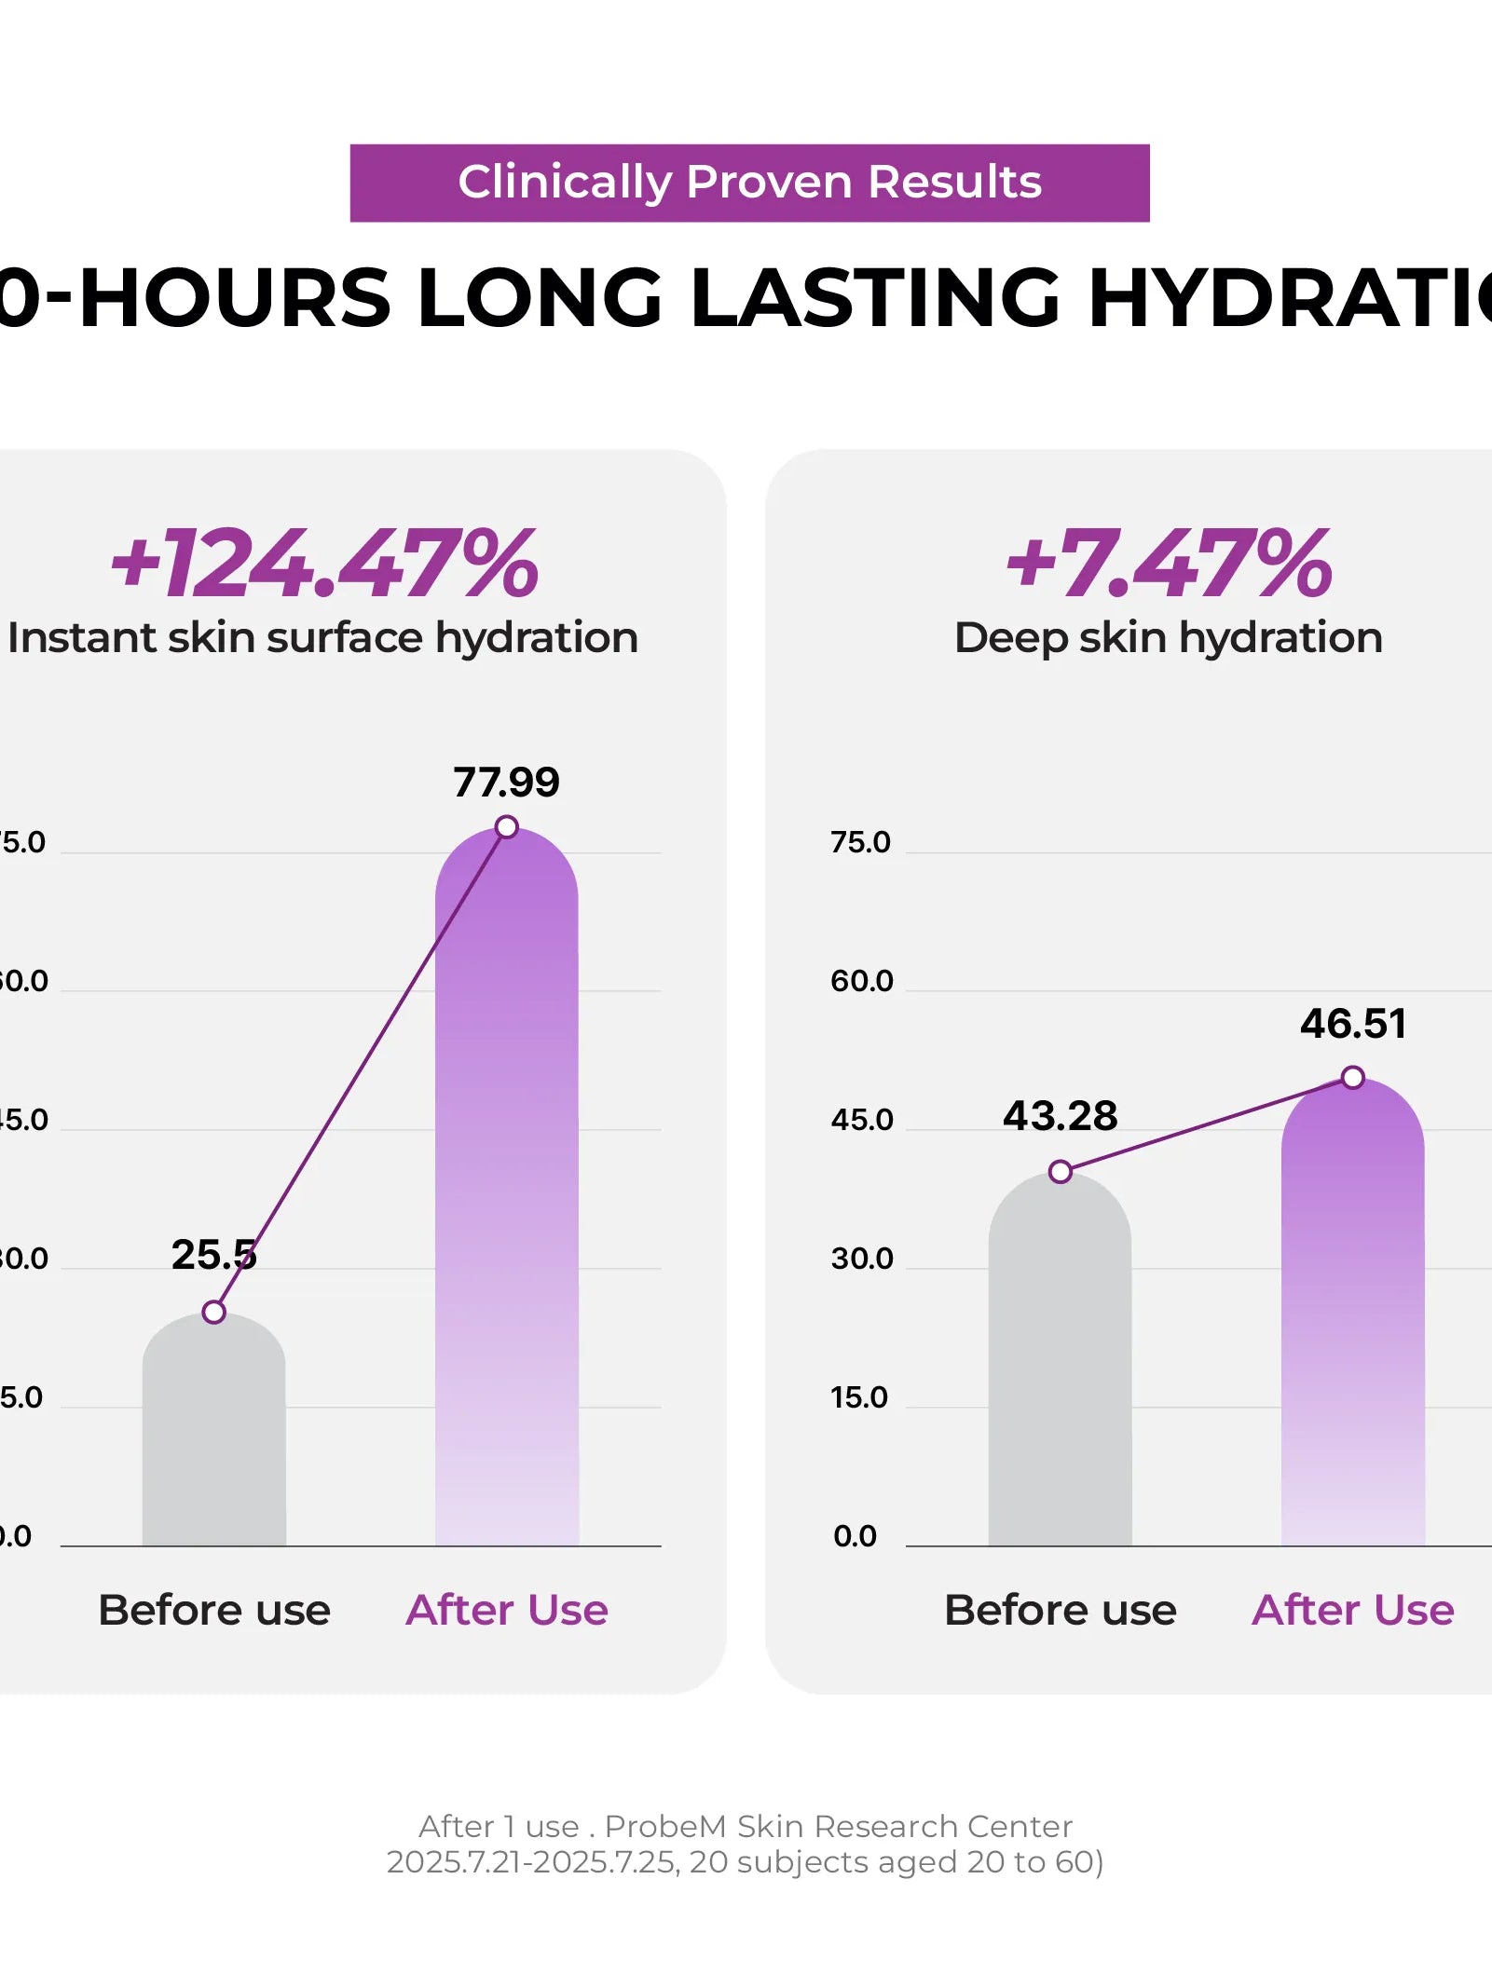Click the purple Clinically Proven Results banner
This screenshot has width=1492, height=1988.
(x=749, y=183)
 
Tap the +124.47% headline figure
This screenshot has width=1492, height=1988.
(x=324, y=563)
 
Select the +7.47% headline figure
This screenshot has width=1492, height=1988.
(x=1169, y=563)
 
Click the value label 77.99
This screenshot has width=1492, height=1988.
(x=506, y=782)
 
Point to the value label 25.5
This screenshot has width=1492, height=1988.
(x=213, y=1254)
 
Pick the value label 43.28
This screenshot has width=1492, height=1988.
(x=1060, y=1115)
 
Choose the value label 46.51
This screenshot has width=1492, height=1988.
(x=1353, y=1023)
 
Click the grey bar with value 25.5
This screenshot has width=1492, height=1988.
(x=213, y=1435)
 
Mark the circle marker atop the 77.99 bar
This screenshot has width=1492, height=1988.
(x=506, y=826)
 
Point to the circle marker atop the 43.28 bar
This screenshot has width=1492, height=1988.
(x=1060, y=1171)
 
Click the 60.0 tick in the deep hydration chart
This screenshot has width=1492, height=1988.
(x=861, y=980)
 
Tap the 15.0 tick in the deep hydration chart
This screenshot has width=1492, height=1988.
(x=859, y=1396)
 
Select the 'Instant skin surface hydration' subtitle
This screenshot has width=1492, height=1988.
(x=322, y=638)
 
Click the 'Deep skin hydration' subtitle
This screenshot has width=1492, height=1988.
(x=1169, y=638)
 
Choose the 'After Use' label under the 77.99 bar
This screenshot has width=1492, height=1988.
(x=506, y=1610)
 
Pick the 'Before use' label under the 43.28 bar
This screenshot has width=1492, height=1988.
(x=1060, y=1610)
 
